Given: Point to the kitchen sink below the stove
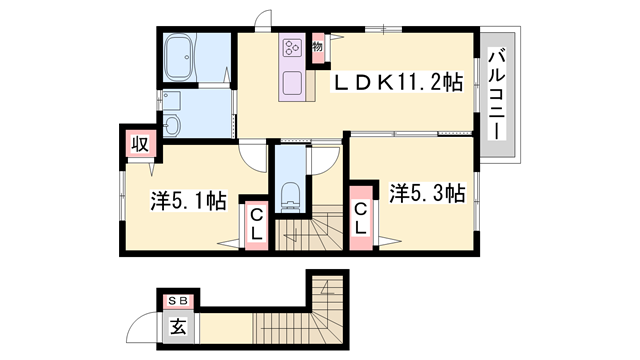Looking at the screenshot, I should coord(296,82).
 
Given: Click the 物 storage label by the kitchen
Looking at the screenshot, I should coord(316,46).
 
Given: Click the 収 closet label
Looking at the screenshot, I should coord(142,143).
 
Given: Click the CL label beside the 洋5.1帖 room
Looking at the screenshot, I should coord(256,223).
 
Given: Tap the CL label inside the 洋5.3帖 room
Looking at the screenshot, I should coord(360,218).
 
